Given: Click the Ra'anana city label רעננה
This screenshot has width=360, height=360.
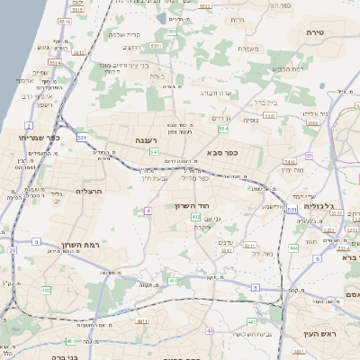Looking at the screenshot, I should [145, 140].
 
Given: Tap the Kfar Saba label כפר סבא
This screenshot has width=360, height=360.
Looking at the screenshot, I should [220, 152].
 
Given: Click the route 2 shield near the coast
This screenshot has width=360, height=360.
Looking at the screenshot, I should [29, 125].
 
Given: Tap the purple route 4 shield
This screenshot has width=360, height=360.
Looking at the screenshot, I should [147, 211].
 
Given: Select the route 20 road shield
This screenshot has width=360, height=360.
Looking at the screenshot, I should [13, 250].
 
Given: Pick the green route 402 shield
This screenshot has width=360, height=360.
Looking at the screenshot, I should [195, 218].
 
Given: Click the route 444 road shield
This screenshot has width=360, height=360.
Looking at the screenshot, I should [294, 247].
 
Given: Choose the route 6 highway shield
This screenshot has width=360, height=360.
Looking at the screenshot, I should [318, 258].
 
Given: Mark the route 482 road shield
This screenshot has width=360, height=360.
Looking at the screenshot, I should [46, 290].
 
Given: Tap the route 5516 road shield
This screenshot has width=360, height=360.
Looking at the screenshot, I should [54, 63].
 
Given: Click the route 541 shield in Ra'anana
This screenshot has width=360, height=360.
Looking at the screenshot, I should [154, 152].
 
